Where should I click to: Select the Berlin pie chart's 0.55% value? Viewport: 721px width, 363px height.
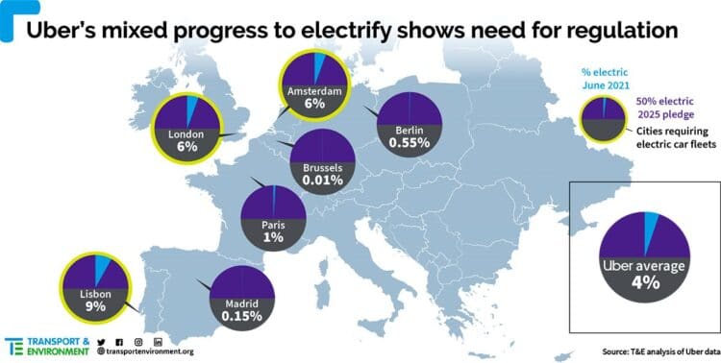pos(410,142)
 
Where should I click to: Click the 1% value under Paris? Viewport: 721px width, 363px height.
pos(272,236)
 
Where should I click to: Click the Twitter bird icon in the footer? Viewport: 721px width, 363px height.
pos(101,341)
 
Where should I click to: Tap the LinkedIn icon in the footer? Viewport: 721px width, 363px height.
pos(158,341)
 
